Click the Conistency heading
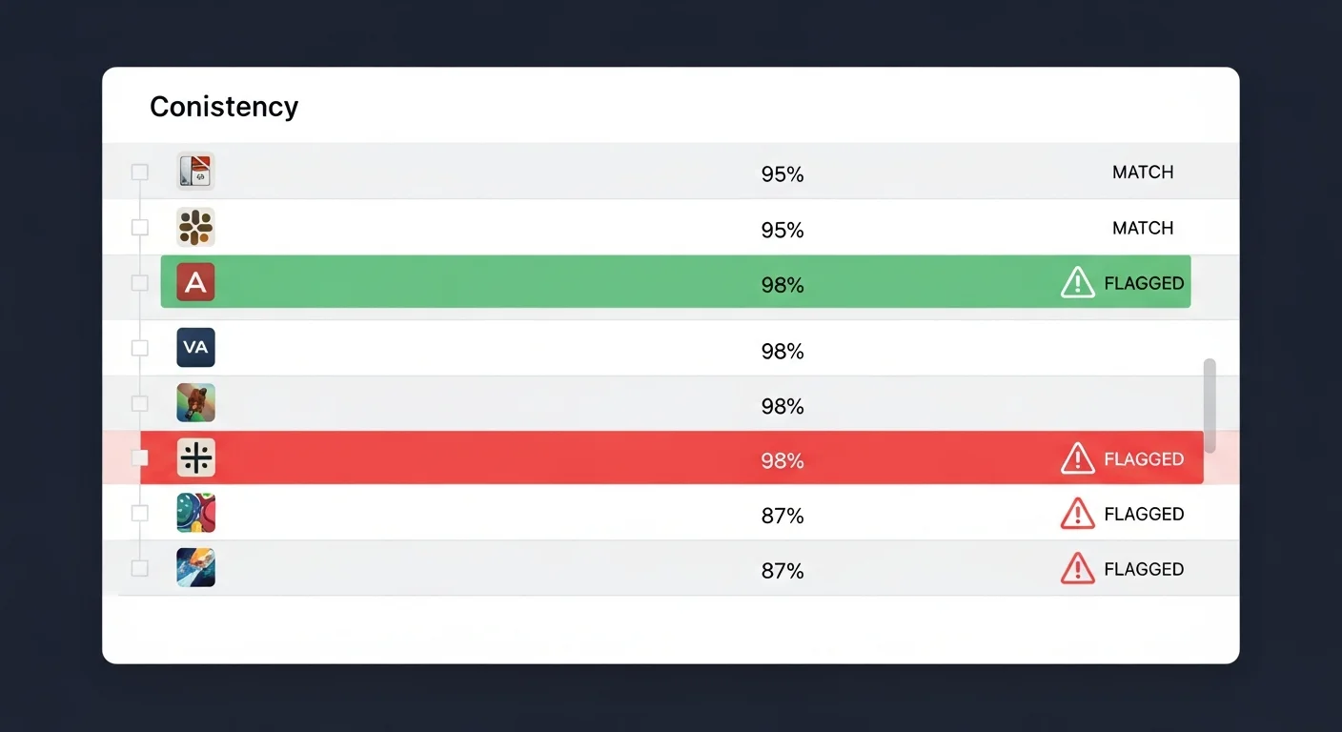click(x=223, y=107)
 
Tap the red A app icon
click(x=196, y=282)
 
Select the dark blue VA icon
click(x=196, y=348)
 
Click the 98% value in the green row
click(x=782, y=285)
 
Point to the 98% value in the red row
click(x=782, y=460)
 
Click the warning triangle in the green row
click(x=1077, y=282)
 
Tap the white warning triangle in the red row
click(x=1077, y=458)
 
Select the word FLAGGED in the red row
click(x=1144, y=459)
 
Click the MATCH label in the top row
click(x=1143, y=173)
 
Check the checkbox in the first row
click(x=139, y=173)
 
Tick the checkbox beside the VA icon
click(x=139, y=348)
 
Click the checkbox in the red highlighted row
click(x=139, y=458)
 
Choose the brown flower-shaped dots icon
click(x=196, y=227)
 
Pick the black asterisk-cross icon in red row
click(x=196, y=457)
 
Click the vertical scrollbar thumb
click(x=1210, y=405)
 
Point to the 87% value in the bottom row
click(x=782, y=571)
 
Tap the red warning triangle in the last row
click(x=1077, y=568)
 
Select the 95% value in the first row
click(x=782, y=174)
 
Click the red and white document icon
click(x=196, y=172)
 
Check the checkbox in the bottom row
click(x=139, y=568)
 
